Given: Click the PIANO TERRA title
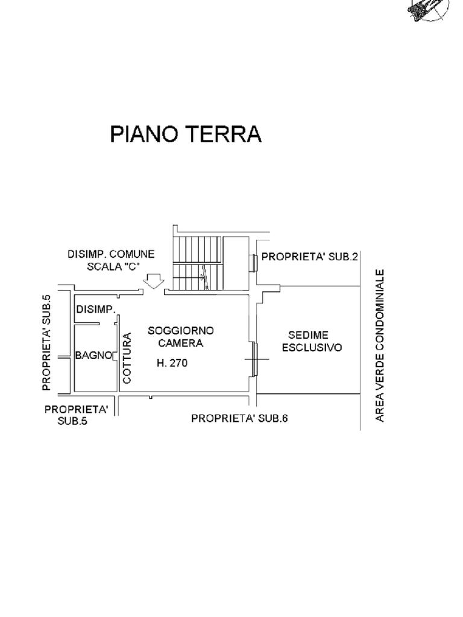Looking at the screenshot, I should (186, 134).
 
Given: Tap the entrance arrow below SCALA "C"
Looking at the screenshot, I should (155, 281).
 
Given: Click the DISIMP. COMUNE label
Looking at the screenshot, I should (111, 255).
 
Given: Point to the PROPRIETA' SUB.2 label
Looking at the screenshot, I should (310, 257).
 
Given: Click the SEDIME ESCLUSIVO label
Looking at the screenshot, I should (312, 341).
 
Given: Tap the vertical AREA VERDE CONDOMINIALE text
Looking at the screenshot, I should (380, 345).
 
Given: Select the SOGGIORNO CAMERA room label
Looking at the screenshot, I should (180, 337).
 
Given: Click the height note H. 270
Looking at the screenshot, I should (172, 363).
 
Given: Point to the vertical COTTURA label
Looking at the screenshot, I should (127, 359).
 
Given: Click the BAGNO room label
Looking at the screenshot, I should (93, 355).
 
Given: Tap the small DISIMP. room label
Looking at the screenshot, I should (95, 310).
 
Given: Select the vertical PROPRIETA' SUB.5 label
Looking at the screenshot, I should (47, 343).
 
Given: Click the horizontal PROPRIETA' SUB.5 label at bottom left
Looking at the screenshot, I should (76, 415).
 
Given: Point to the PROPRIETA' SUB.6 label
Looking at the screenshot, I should (239, 418).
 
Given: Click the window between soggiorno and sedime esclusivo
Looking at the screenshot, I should (254, 360).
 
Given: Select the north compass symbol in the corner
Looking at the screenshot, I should (429, 9).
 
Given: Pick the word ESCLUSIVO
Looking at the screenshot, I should (312, 348).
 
